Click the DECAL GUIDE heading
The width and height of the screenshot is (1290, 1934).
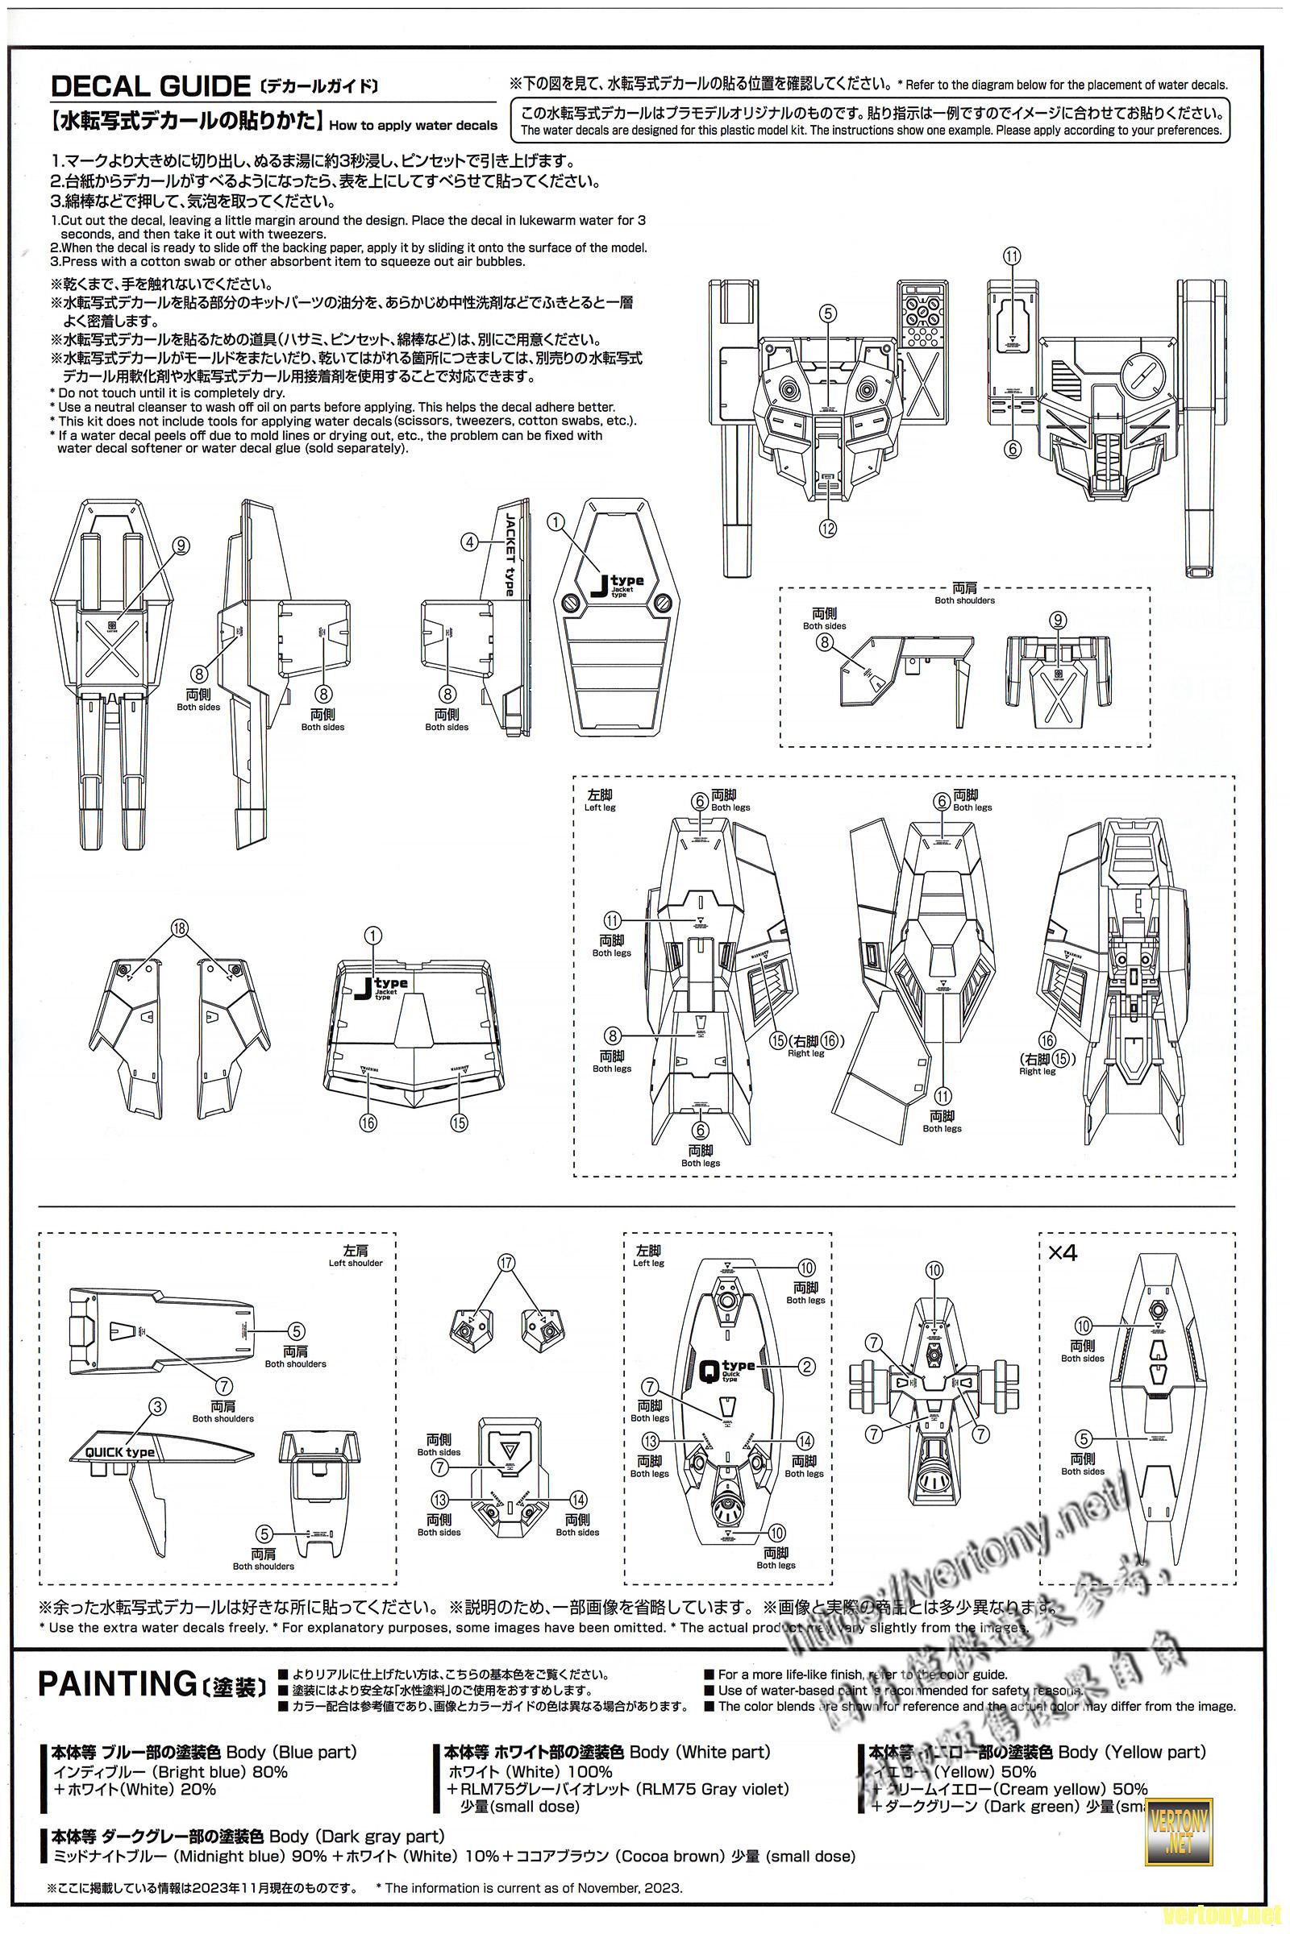[x=151, y=85]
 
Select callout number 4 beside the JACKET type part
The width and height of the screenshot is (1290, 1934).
[x=469, y=542]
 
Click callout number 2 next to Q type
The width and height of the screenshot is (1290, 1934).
[x=807, y=1366]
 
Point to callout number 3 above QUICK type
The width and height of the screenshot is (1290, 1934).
[x=158, y=1407]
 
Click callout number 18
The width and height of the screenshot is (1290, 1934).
[x=180, y=928]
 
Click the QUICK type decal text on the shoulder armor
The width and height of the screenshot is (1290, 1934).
[x=121, y=1452]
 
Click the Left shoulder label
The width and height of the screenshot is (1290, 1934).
[x=356, y=1262]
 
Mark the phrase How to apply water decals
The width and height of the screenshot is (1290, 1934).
[x=413, y=126]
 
